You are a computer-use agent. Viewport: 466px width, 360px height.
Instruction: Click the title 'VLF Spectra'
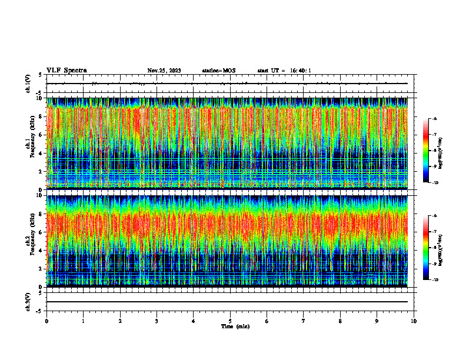tap(66, 71)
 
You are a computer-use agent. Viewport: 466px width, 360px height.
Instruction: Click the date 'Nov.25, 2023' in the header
tap(164, 71)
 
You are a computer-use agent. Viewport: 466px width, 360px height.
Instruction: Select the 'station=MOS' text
tap(218, 71)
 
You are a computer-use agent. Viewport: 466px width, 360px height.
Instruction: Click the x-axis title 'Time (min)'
tap(235, 326)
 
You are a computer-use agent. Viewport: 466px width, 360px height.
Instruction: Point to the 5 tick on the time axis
tap(230, 321)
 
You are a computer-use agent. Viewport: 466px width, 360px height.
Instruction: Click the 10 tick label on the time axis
tap(414, 321)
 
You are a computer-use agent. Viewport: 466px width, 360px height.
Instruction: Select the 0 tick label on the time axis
tap(46, 321)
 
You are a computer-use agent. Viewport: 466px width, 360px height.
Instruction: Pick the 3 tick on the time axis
tap(157, 321)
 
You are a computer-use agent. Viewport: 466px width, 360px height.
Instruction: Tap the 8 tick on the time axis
tap(340, 321)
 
